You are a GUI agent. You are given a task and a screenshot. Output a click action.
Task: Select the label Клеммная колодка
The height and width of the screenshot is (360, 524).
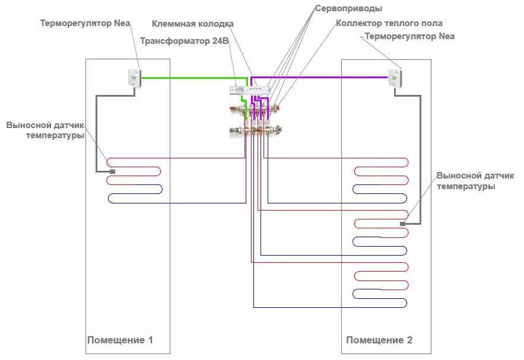[193, 24]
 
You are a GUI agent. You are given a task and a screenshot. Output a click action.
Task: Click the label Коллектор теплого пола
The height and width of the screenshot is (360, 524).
[389, 23]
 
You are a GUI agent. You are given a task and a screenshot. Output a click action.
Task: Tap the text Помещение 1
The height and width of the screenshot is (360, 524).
[120, 340]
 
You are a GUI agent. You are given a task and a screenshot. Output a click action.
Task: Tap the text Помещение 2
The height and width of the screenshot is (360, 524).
[379, 340]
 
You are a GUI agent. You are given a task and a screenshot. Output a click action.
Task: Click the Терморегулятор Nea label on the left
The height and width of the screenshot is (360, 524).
[85, 23]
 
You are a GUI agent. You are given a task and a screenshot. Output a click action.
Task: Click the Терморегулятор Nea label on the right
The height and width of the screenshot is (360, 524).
[409, 36]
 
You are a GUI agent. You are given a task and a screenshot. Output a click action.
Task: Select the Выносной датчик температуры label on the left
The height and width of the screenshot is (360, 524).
[46, 130]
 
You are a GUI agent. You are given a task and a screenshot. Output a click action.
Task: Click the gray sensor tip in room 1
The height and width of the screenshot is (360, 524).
[111, 171]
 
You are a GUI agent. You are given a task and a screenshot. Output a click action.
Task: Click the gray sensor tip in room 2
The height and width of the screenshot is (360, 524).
[402, 224]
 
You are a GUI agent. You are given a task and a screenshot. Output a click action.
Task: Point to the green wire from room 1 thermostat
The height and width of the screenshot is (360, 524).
[190, 77]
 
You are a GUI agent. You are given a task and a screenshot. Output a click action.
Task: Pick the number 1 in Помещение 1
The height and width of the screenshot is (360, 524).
[150, 340]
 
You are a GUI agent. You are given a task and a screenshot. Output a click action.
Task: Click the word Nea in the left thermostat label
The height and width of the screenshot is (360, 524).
[121, 23]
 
